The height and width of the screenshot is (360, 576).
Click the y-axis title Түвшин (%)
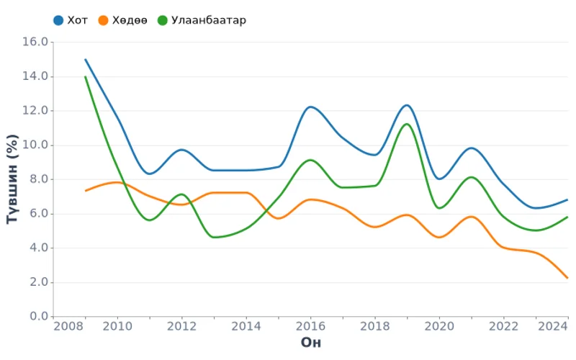pos(12,179)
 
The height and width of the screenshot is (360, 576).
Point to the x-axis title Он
pos(310,341)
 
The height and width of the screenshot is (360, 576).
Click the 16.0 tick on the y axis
pos(36,42)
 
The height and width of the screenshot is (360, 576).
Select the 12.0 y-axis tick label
pos(36,111)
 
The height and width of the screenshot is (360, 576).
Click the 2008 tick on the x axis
pos(69,327)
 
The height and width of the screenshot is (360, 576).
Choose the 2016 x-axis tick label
pos(310,327)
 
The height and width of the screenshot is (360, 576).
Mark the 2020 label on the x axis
pos(439,327)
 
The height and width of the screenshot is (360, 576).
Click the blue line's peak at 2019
pos(407,105)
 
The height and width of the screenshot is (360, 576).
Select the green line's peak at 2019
pos(407,124)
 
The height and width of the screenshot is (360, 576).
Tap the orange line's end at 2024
pos(567,278)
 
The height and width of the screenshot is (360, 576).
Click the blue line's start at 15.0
pos(85,59)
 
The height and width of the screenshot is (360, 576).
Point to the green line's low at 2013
pos(214,237)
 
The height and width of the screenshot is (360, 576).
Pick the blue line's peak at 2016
pos(310,107)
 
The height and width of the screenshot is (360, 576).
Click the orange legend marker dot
pos(104,20)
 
